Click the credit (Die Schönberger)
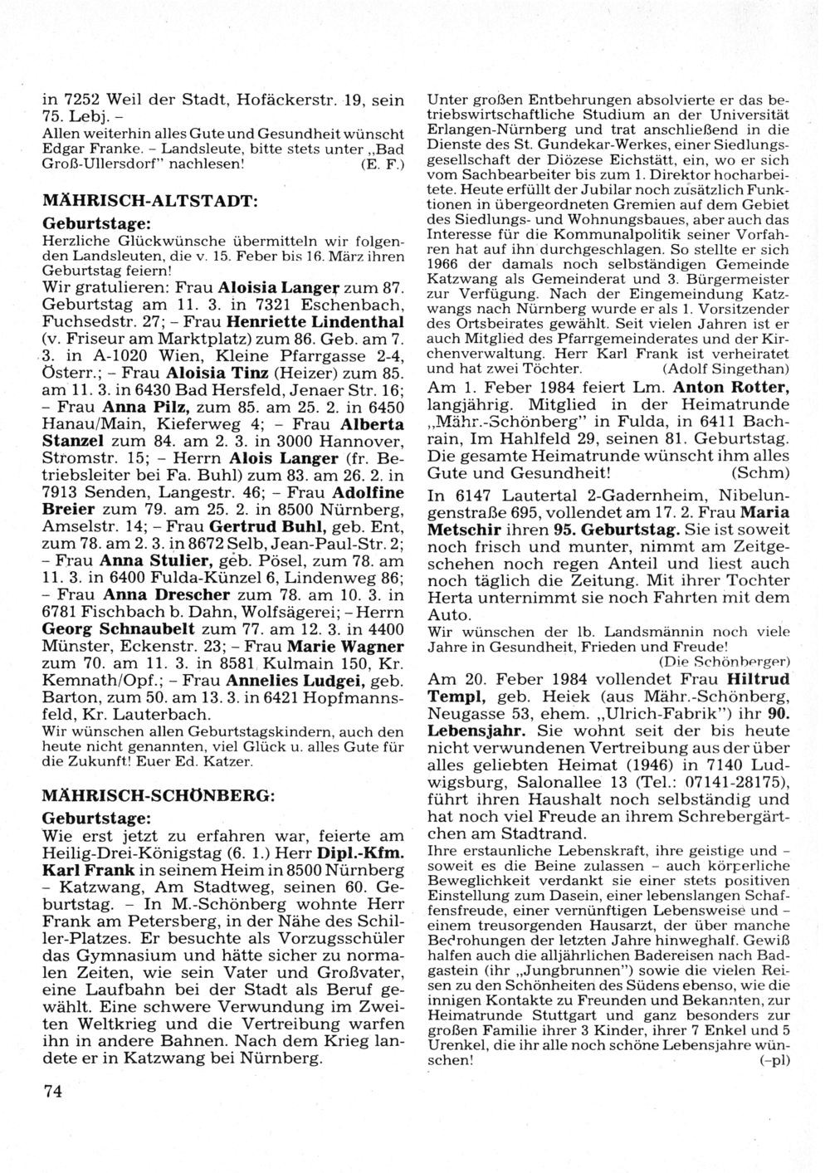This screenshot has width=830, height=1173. (724, 661)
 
